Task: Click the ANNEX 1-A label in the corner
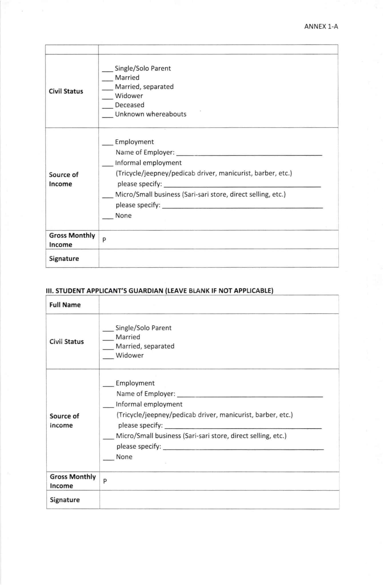(x=321, y=27)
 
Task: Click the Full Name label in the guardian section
(x=65, y=305)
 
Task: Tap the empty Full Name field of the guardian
(x=219, y=304)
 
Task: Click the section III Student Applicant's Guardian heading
(x=159, y=291)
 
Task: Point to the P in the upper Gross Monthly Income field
(x=104, y=240)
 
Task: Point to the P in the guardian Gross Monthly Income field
(x=105, y=481)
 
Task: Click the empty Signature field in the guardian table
(x=219, y=500)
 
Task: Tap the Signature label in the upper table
(x=64, y=259)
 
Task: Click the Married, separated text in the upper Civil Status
(x=144, y=87)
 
